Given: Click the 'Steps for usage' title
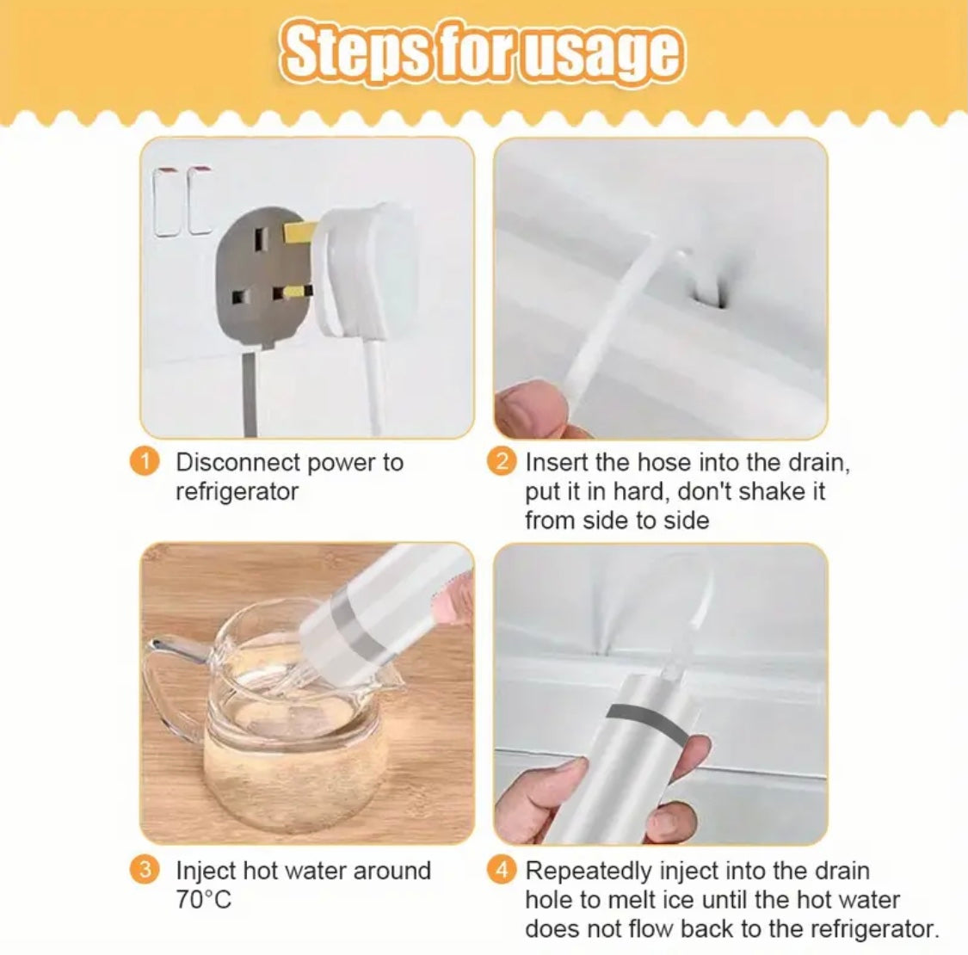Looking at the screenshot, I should point(483,53).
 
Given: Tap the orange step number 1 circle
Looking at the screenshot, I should point(145,462).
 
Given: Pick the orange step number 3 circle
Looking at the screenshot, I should point(145,870).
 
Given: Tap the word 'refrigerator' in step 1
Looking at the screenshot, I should point(237,492).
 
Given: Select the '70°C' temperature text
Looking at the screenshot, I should point(204,900).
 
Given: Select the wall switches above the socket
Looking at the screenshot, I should point(182,201).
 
